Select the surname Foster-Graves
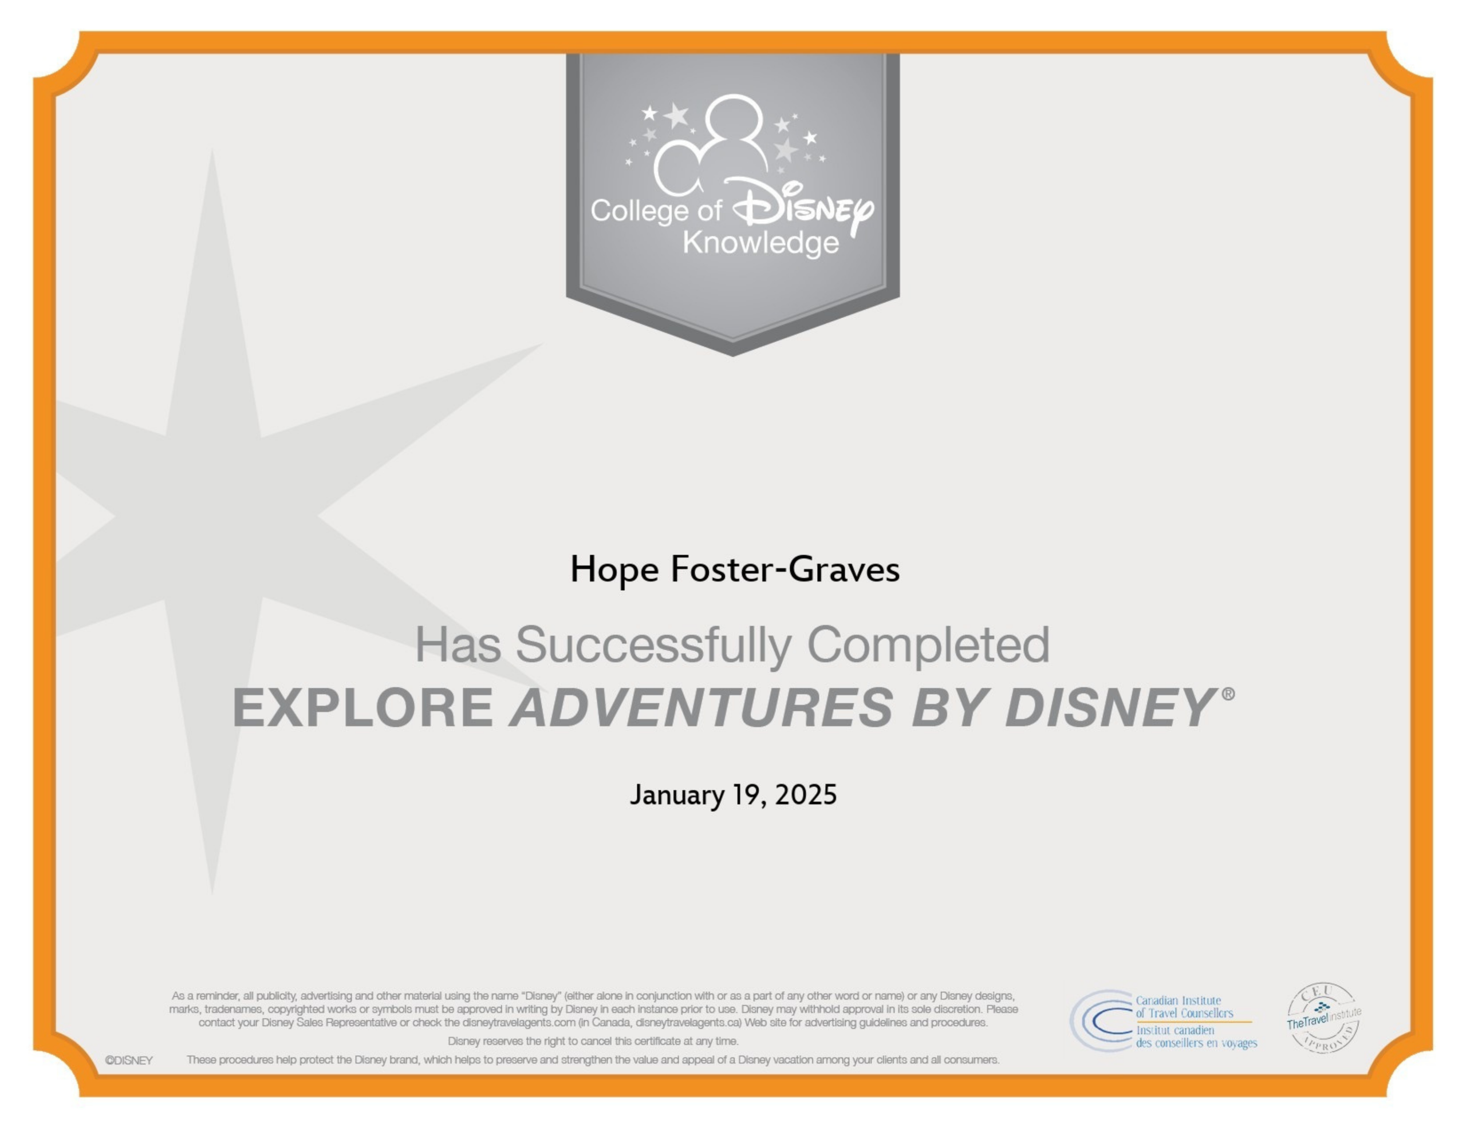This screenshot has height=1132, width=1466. (785, 569)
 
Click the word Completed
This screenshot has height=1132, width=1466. (928, 646)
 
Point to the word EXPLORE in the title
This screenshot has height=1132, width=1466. (362, 707)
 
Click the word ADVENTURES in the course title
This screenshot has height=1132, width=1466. (702, 707)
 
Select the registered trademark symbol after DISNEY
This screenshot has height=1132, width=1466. (1228, 694)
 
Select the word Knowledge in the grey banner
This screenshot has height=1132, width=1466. (760, 244)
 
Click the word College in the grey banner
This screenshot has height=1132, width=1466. (639, 211)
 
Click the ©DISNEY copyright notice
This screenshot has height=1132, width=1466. (129, 1061)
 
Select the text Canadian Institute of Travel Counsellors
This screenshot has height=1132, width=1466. (1185, 1007)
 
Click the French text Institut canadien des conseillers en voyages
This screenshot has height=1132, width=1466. (1196, 1037)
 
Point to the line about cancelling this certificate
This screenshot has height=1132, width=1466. (593, 1042)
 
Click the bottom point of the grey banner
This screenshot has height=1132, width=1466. (732, 355)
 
